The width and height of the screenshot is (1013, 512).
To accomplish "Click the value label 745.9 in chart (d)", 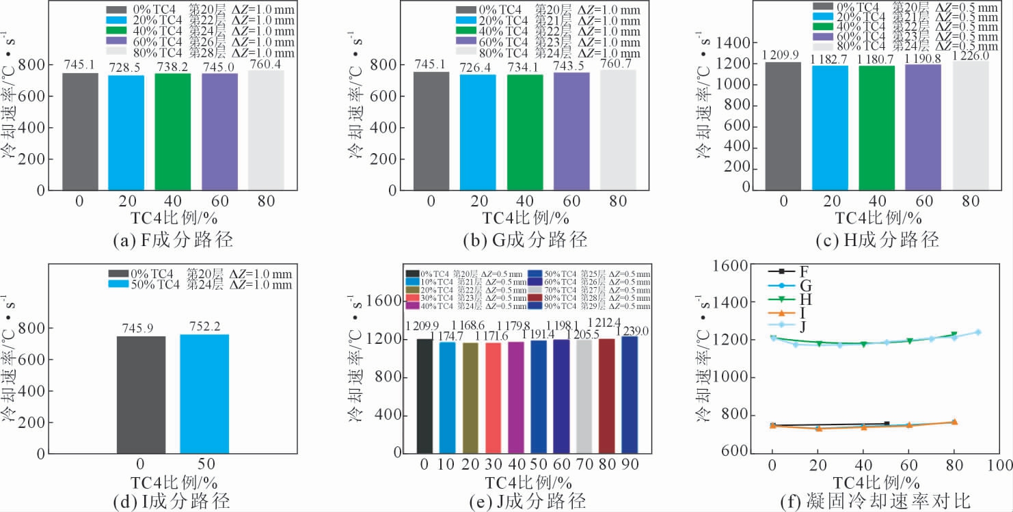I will coord(141,328).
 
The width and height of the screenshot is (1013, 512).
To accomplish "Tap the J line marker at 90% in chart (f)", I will coord(977,332).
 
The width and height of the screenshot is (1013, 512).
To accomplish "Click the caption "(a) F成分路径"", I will coord(173,241).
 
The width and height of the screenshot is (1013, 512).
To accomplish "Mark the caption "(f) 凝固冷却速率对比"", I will coord(875,502).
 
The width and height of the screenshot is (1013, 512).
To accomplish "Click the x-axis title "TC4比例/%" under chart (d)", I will coord(172,481).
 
